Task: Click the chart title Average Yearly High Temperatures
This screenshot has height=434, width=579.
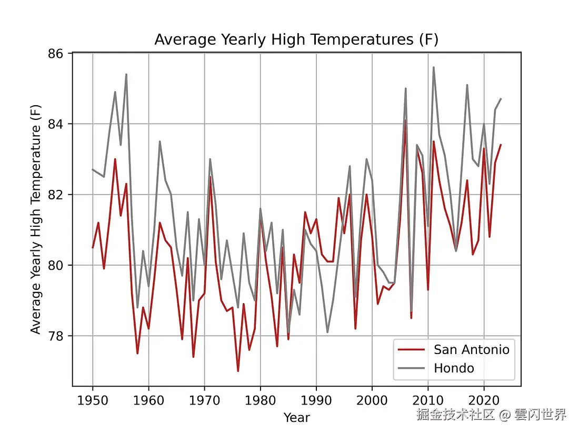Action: [x=296, y=39]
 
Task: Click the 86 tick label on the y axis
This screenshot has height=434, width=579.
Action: [x=56, y=54]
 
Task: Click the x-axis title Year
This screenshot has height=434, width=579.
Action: [x=296, y=418]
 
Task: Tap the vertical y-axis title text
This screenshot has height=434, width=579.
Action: [x=35, y=220]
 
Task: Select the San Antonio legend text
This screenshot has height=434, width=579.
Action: [x=472, y=349]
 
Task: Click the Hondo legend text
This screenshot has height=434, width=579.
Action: [x=454, y=368]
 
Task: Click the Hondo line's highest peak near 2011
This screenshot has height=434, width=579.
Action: [x=434, y=67]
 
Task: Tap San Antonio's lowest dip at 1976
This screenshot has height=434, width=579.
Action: [x=238, y=371]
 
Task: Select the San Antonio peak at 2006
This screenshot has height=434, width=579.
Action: [x=405, y=120]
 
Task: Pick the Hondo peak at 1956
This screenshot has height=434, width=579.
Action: [x=126, y=75]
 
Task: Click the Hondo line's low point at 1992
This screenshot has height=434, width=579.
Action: [x=327, y=332]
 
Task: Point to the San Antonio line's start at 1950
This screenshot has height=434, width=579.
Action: [x=93, y=247]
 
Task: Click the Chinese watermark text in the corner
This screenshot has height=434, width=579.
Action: [x=491, y=415]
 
